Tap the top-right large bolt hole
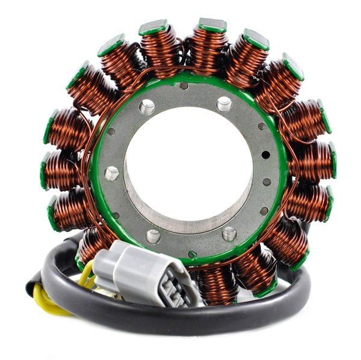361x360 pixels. click(x=224, y=105)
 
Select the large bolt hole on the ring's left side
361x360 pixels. click(x=111, y=174)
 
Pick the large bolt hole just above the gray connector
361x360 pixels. click(x=153, y=236)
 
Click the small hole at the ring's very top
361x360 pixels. click(x=184, y=85)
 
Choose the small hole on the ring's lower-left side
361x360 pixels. click(x=116, y=215)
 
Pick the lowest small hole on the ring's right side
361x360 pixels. click(x=264, y=211)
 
